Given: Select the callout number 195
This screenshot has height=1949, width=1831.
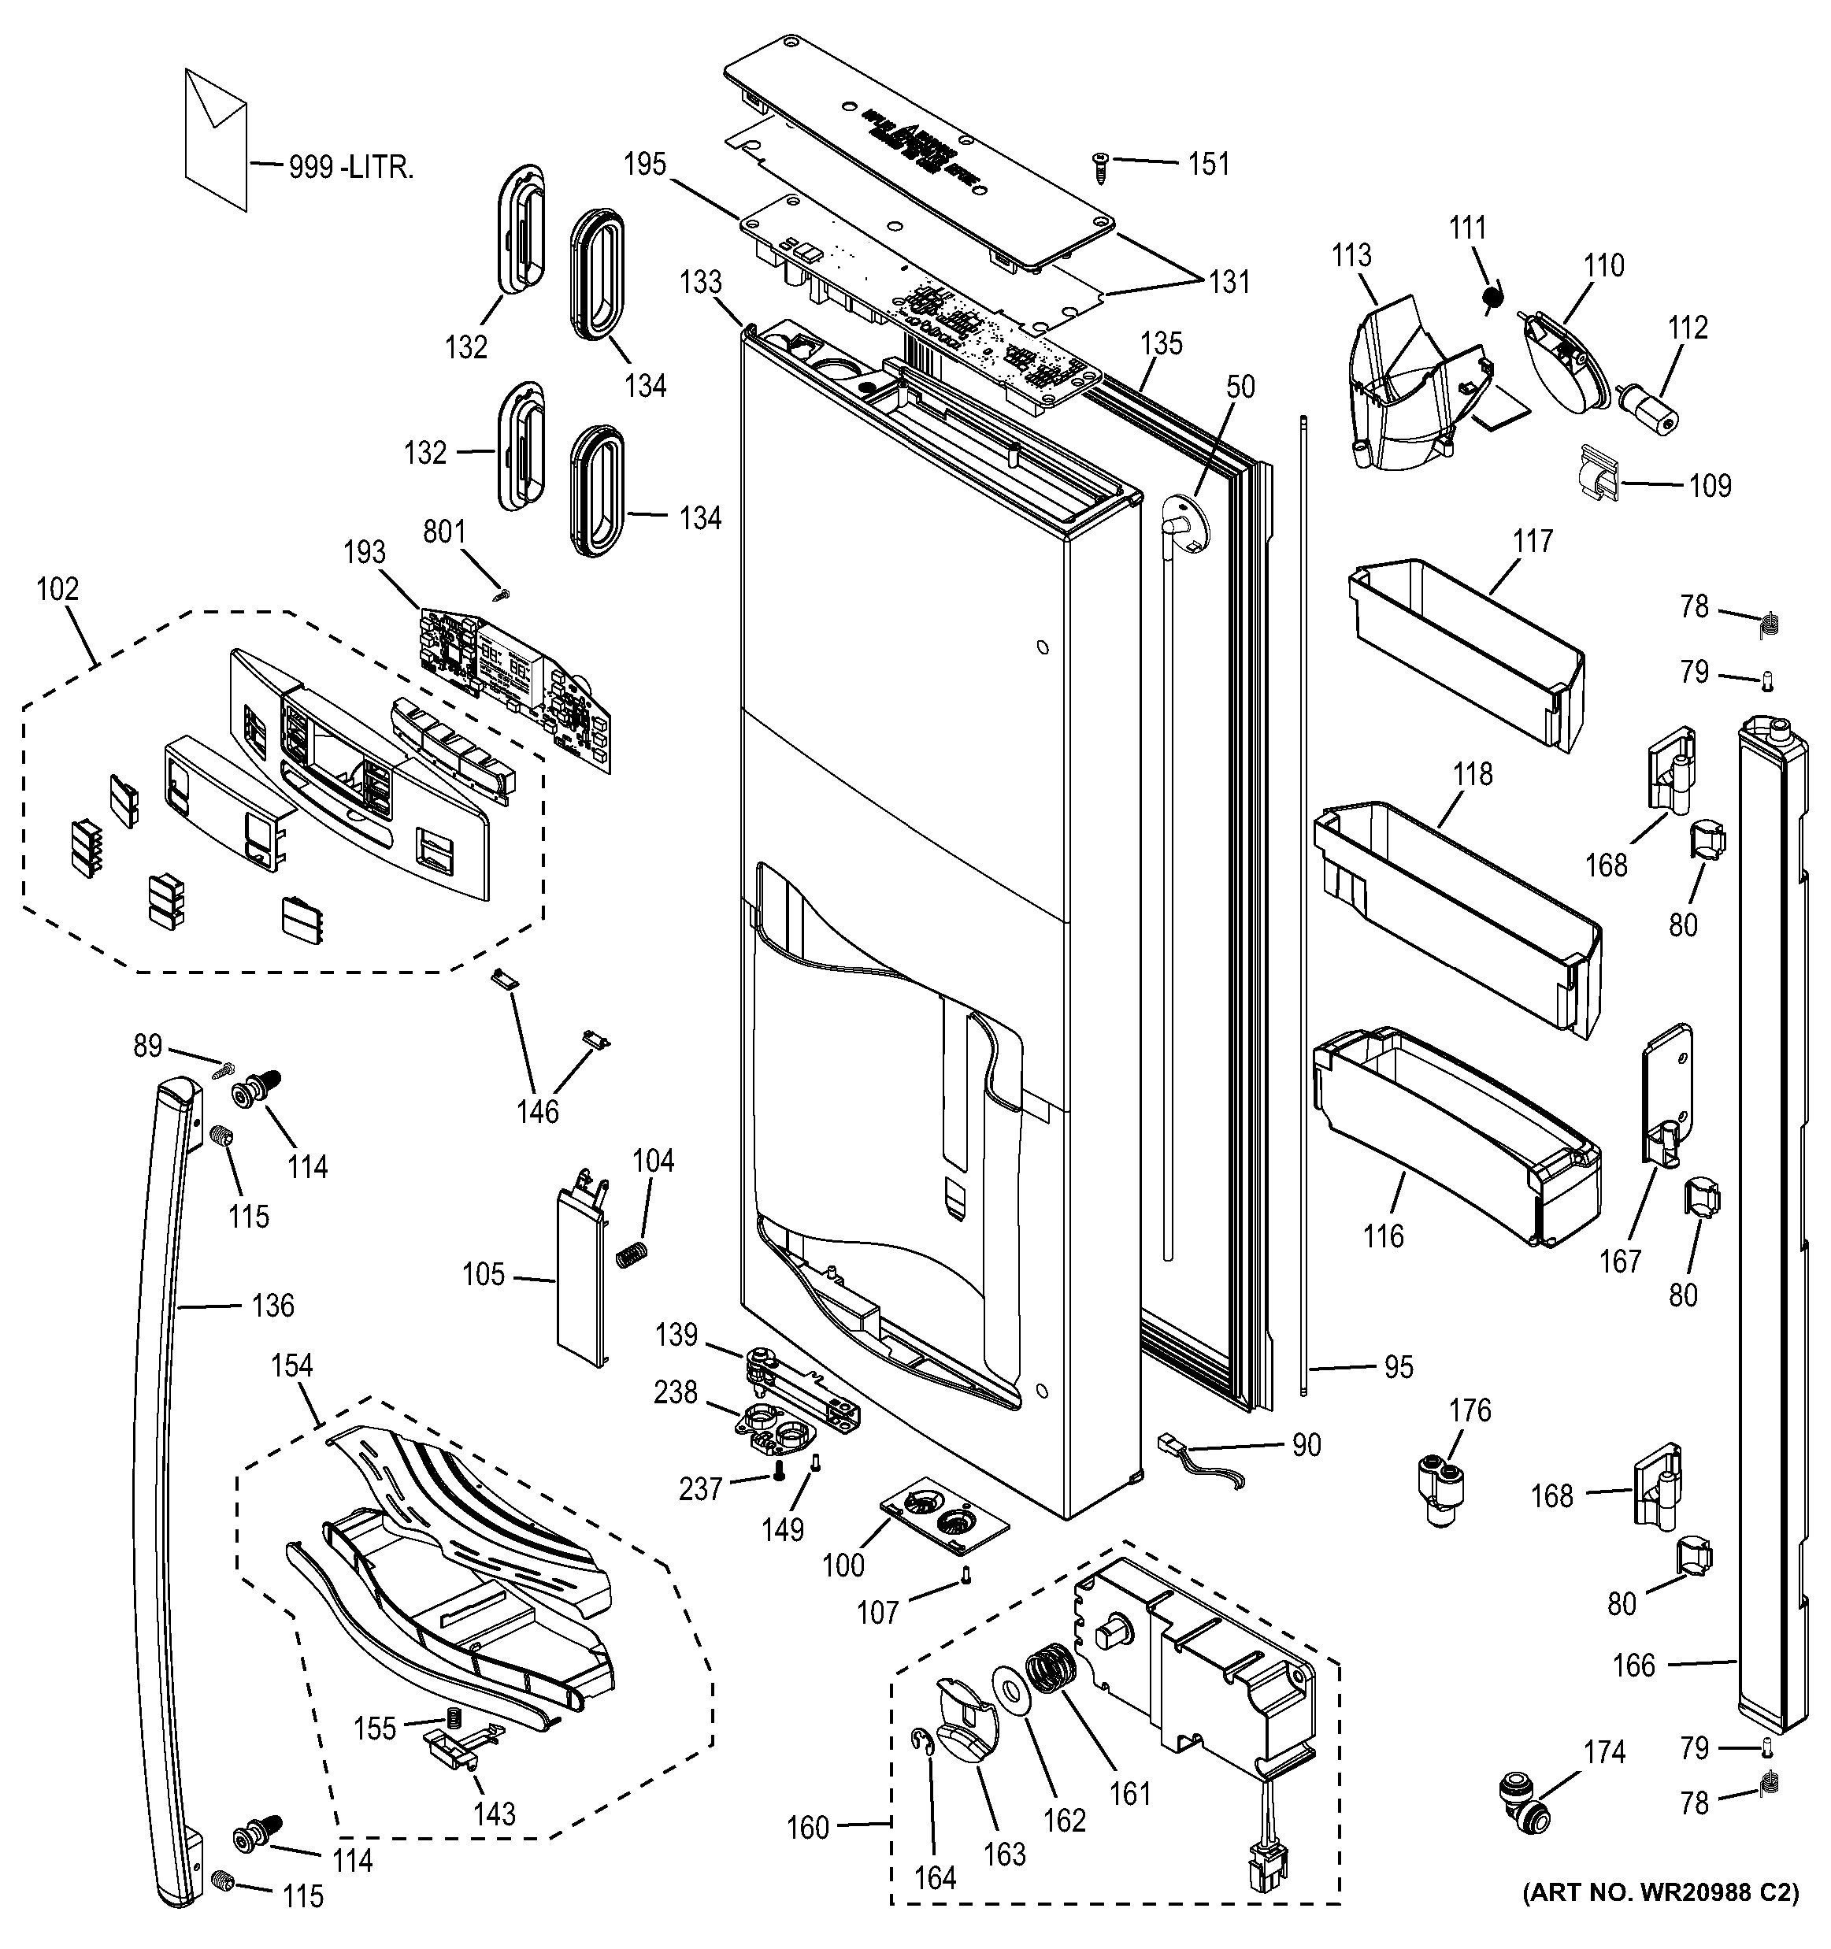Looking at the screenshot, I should (x=644, y=165).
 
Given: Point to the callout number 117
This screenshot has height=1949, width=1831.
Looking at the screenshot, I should (x=1532, y=541).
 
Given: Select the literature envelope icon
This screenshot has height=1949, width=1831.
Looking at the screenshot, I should (x=216, y=137).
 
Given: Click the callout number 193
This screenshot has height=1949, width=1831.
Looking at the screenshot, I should (x=365, y=553).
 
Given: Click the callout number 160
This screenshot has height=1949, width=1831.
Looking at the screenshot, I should (x=808, y=1828).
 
